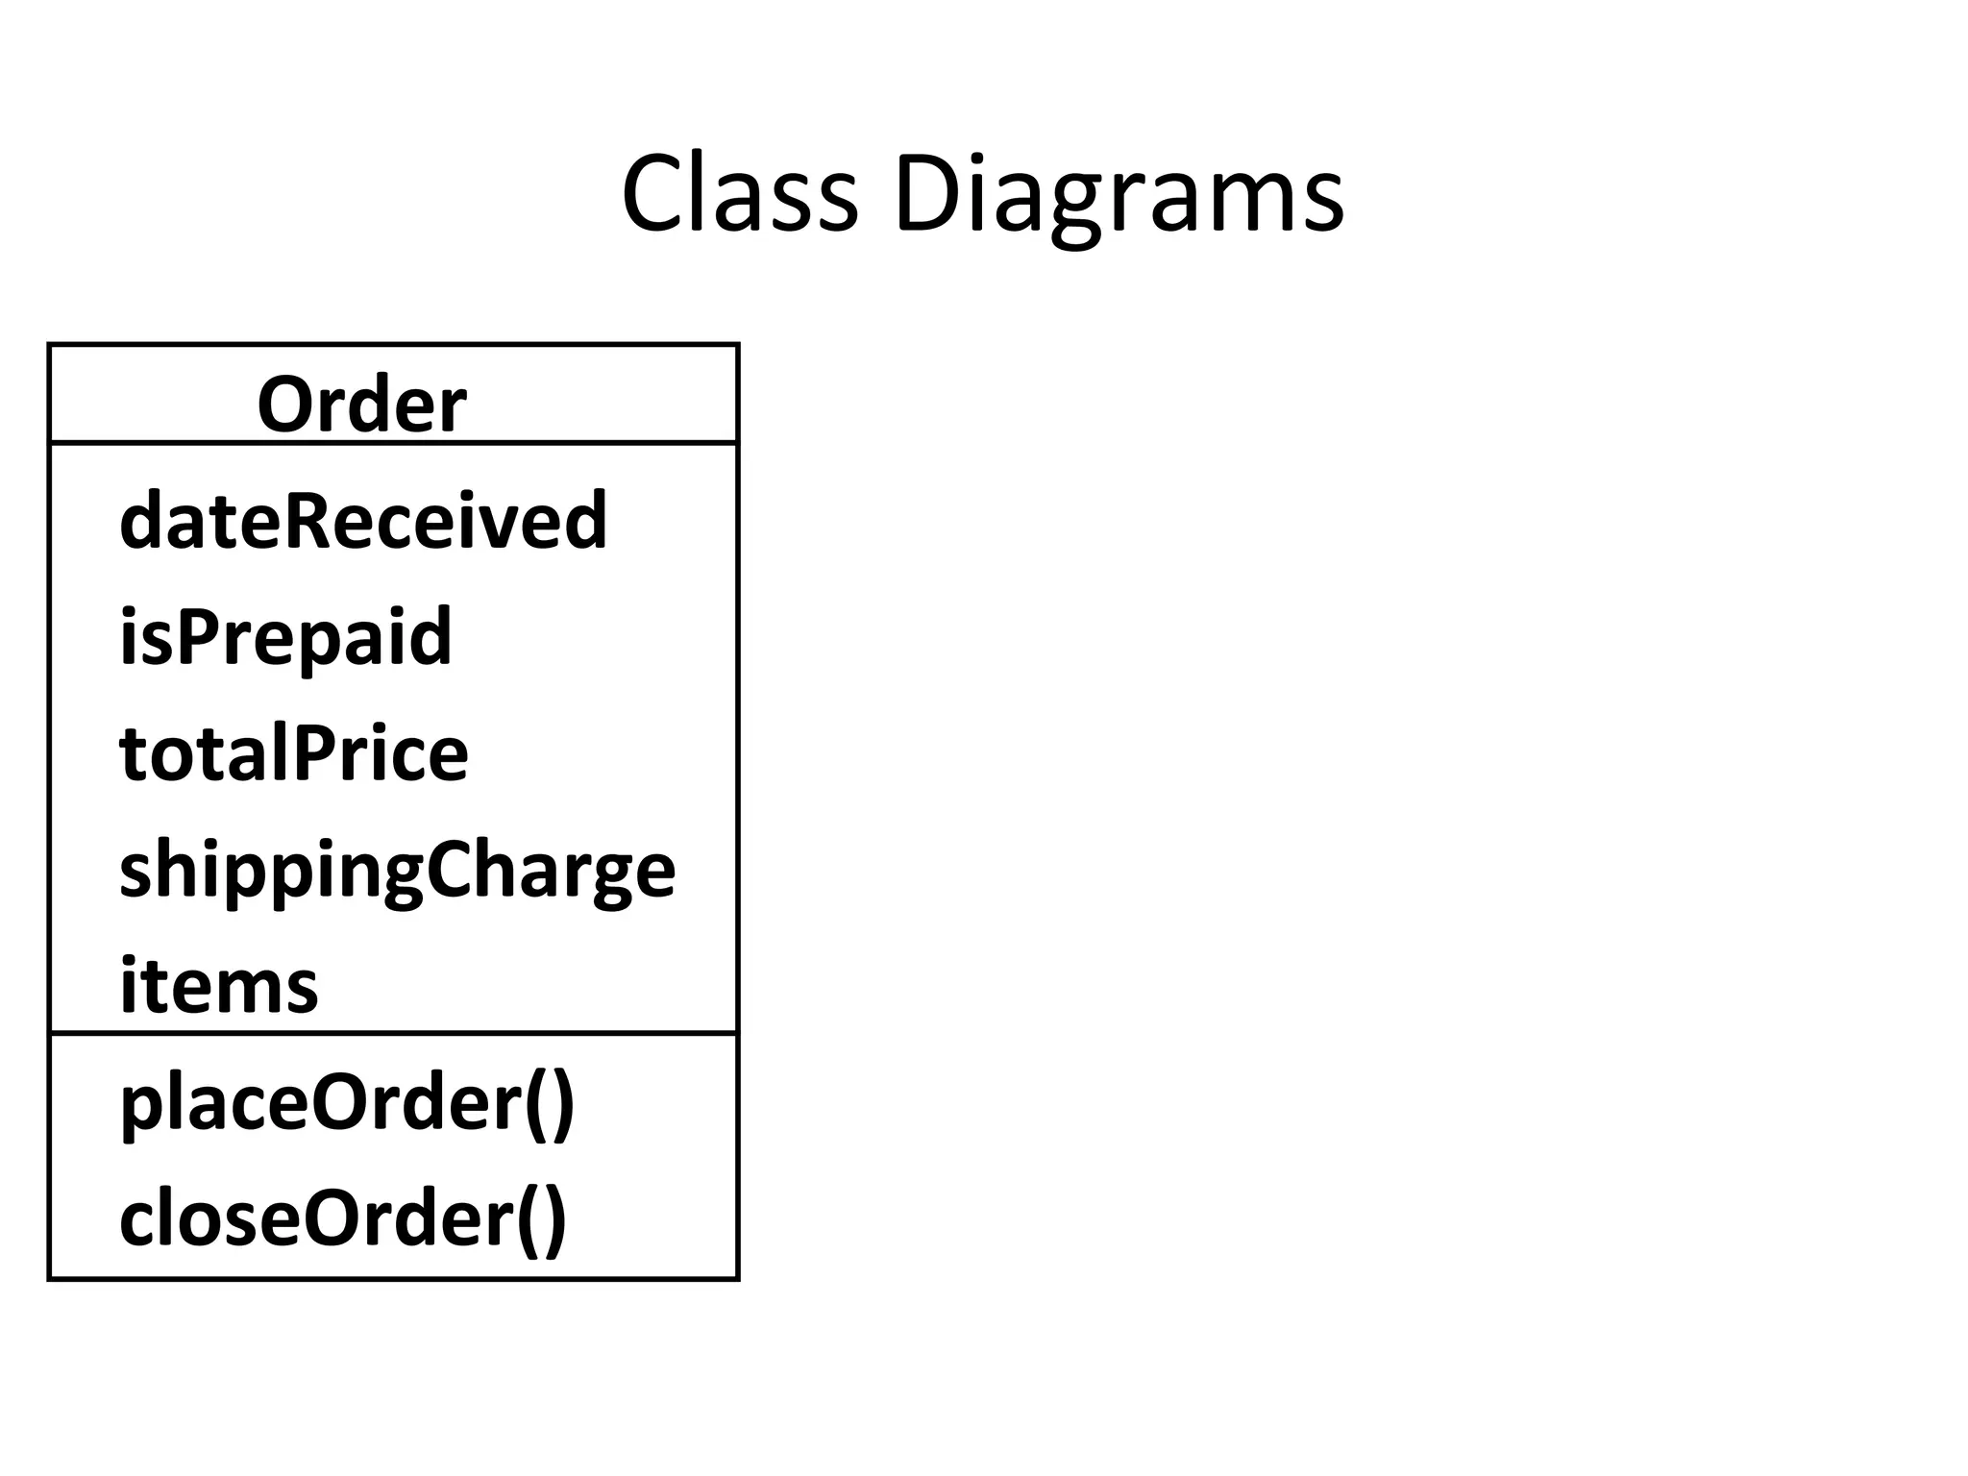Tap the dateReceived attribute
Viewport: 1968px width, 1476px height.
[363, 520]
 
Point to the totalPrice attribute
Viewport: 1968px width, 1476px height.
[294, 752]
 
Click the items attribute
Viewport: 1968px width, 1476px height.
[218, 986]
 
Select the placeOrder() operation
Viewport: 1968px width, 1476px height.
[347, 1104]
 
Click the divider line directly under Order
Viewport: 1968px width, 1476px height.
[393, 443]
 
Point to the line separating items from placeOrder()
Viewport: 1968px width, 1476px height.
[393, 1034]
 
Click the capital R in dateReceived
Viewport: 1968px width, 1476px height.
[311, 520]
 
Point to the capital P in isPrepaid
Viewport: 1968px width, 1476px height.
[197, 635]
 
